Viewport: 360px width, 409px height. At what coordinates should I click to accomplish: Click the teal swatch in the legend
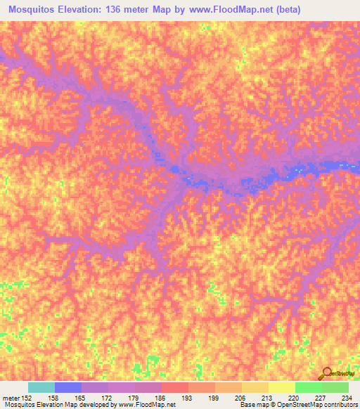click(41, 387)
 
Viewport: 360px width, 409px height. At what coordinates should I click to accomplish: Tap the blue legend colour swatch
click(68, 387)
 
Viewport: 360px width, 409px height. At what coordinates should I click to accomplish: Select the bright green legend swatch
click(309, 387)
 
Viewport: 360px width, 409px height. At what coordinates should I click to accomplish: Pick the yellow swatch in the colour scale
click(282, 387)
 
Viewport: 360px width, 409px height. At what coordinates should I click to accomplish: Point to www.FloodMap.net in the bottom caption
click(147, 405)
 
